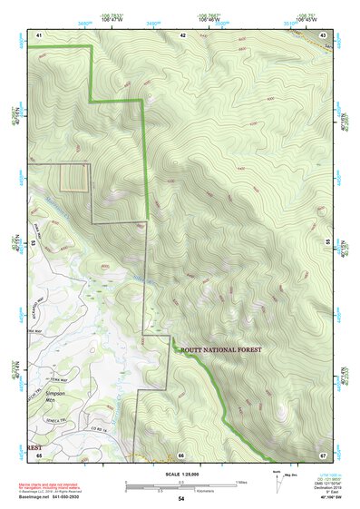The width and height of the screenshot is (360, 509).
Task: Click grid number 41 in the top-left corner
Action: click(x=39, y=34)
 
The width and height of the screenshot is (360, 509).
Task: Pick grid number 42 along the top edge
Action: click(x=182, y=34)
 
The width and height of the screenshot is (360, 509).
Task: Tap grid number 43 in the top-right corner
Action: click(x=323, y=34)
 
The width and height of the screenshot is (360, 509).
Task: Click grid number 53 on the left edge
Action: click(x=34, y=243)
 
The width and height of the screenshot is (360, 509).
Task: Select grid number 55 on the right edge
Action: click(x=327, y=243)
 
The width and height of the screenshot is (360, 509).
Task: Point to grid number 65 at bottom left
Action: click(x=39, y=454)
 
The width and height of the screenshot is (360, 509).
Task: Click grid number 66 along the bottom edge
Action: click(x=181, y=455)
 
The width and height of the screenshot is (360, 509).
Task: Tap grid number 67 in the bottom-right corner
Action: click(x=323, y=454)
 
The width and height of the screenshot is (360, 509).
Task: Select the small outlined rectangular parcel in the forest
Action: click(x=75, y=178)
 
